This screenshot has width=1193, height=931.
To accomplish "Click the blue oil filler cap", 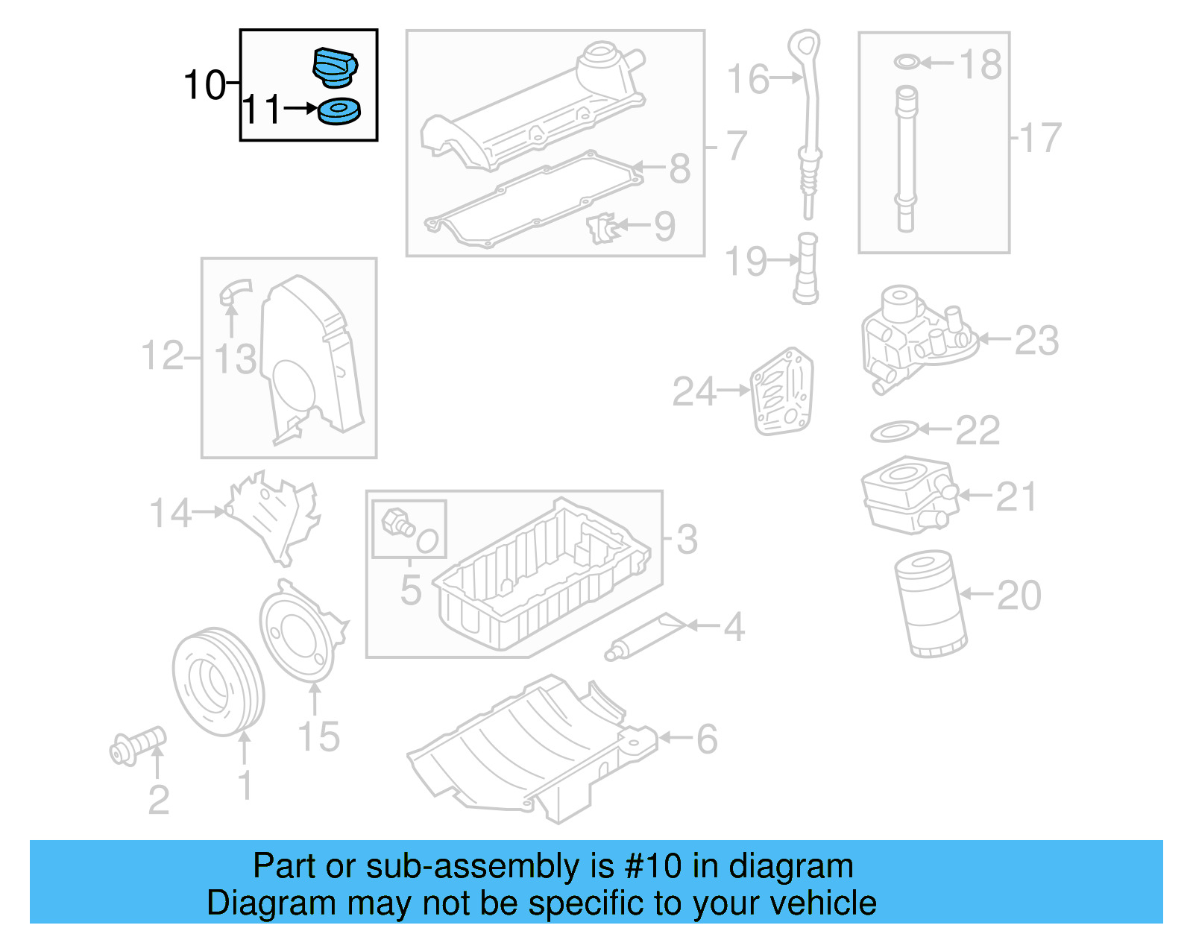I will (x=335, y=66).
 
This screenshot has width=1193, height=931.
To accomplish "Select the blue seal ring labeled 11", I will (x=339, y=112).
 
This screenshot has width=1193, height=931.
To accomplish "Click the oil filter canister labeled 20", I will (x=930, y=604).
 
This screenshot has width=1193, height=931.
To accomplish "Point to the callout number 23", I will (x=1036, y=341).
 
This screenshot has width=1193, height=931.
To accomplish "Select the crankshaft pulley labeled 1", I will (x=218, y=681).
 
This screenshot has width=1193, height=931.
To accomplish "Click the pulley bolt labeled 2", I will (x=137, y=745).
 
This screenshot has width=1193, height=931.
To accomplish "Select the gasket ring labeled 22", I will (x=894, y=431).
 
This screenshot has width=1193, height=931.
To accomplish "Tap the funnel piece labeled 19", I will (x=806, y=269).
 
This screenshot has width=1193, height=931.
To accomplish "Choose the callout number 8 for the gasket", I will (x=679, y=168).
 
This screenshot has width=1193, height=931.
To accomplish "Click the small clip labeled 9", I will (x=602, y=227).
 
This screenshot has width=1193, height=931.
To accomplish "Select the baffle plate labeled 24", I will (x=781, y=392).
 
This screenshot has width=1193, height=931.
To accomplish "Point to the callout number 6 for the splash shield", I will (x=706, y=739).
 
